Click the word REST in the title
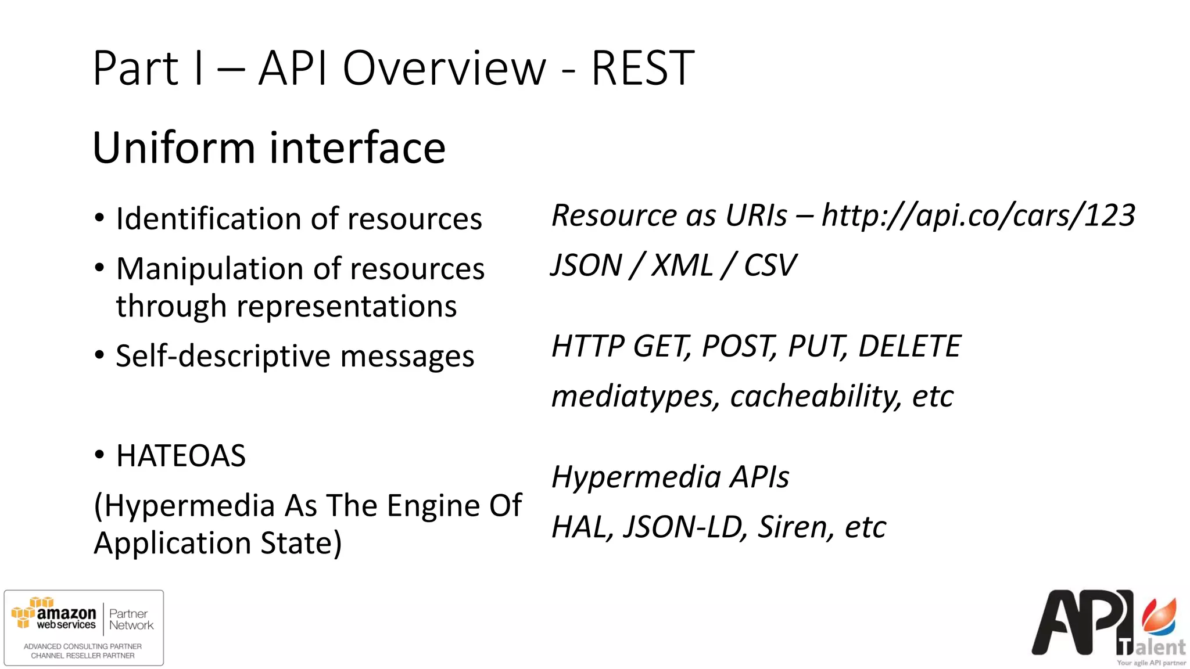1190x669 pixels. coord(642,69)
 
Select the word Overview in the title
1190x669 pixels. coord(445,69)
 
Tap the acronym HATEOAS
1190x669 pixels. coord(181,456)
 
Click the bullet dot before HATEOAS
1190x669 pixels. coord(99,455)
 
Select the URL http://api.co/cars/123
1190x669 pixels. coord(978,215)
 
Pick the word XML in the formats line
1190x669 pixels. coord(682,265)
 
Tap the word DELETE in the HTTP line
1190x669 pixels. coord(909,346)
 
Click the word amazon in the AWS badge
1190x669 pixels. coord(66,613)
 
